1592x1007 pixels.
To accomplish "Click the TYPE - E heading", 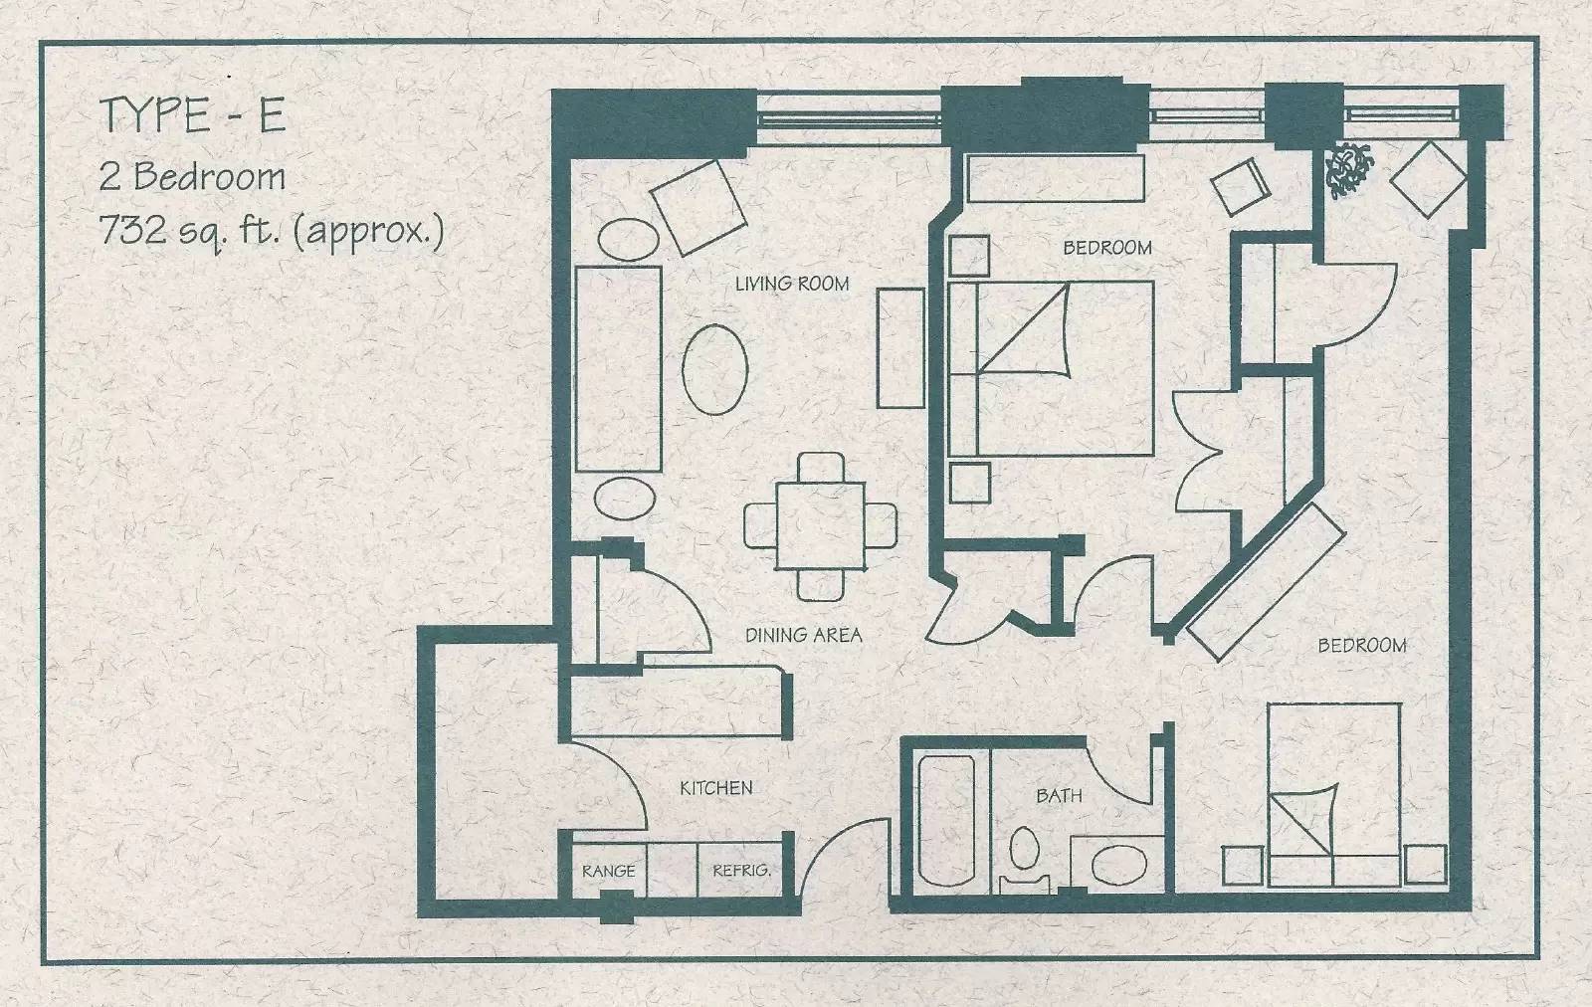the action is click(193, 114).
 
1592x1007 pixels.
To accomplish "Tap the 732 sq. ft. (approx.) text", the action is click(273, 230).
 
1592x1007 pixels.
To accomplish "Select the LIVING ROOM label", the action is click(792, 285).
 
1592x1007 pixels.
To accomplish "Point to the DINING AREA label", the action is click(803, 635).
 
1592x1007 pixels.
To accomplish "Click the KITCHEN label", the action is click(716, 787).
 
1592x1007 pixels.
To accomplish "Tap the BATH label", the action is click(1059, 795).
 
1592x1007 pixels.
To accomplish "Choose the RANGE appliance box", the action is click(609, 870).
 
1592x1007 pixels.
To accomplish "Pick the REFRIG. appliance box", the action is click(740, 870).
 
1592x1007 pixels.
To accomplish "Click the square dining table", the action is click(821, 525).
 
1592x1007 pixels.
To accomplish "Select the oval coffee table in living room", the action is click(715, 369).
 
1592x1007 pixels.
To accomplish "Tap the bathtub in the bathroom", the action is click(946, 821).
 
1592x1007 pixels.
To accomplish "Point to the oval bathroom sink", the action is click(1118, 864).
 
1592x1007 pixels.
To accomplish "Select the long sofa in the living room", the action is click(618, 369).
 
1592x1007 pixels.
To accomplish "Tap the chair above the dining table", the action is click(822, 468).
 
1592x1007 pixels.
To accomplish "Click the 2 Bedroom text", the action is click(193, 176).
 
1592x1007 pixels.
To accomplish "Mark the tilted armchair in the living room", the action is click(698, 208).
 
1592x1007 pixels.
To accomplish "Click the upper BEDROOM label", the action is click(1107, 248).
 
